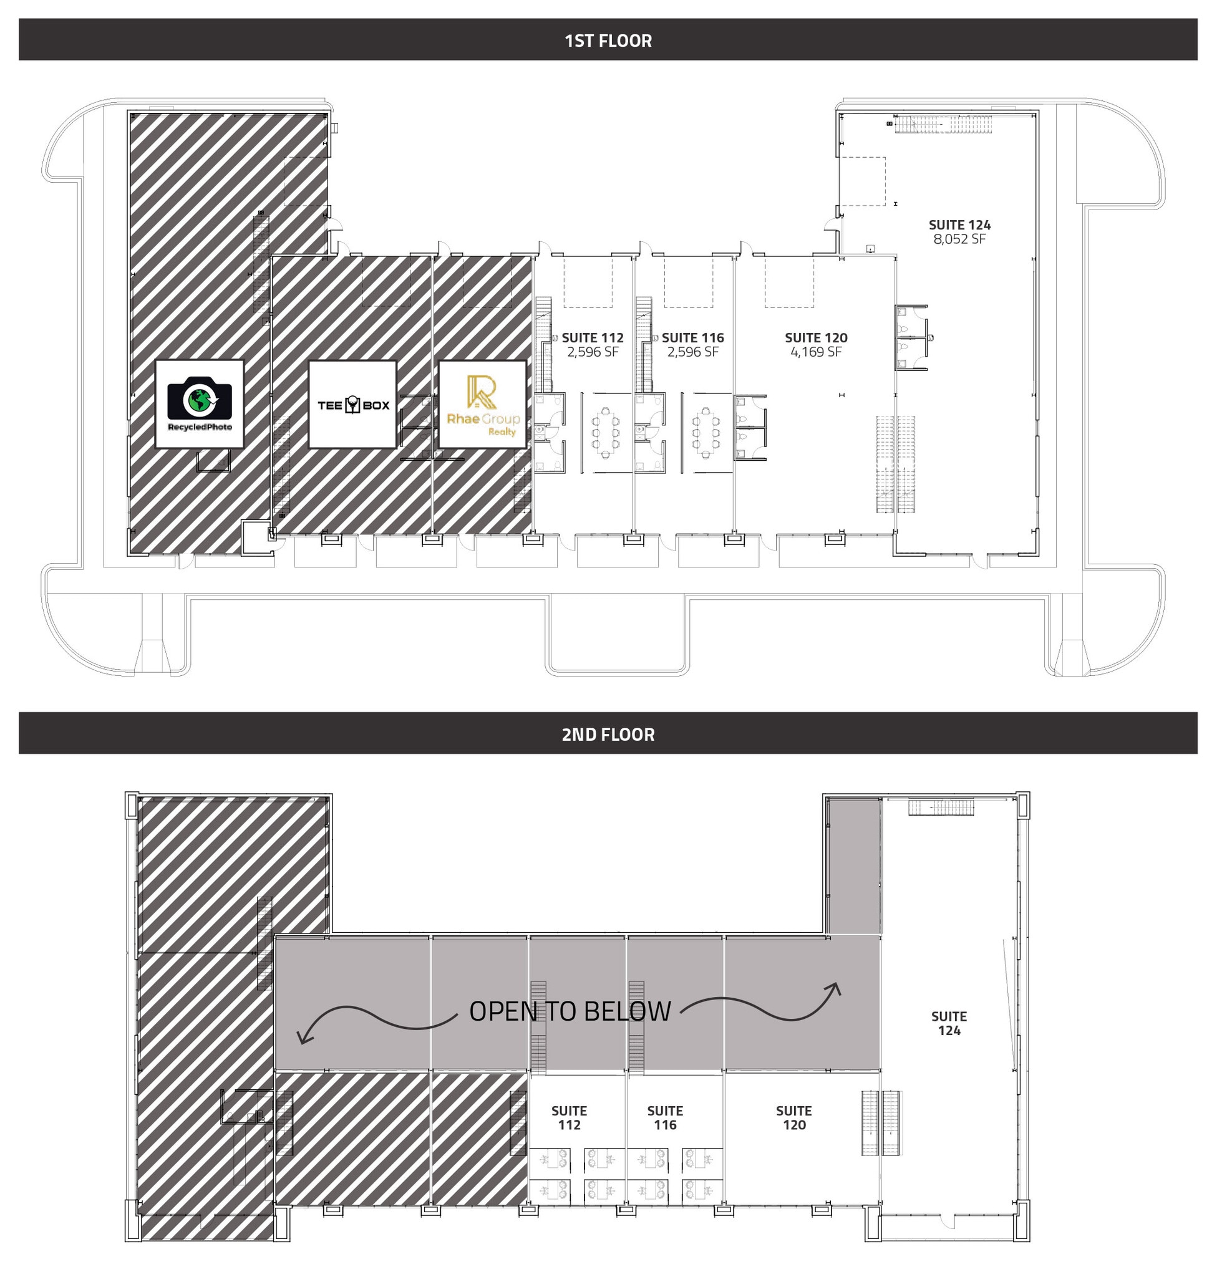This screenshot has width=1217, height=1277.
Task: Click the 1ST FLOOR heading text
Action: (x=608, y=41)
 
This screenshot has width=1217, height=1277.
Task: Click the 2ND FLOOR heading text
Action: (x=608, y=734)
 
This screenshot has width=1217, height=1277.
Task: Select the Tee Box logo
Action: (x=352, y=405)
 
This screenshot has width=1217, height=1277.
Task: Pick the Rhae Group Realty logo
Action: (x=483, y=405)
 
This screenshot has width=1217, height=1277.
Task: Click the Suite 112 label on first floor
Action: (x=593, y=338)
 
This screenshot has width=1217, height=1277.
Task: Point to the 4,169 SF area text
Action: (x=816, y=352)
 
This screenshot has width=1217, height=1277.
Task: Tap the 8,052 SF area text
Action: (x=959, y=239)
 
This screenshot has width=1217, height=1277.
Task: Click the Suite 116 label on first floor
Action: (x=693, y=338)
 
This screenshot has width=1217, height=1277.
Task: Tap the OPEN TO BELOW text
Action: (x=570, y=1011)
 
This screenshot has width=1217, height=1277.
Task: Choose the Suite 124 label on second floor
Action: (x=949, y=1023)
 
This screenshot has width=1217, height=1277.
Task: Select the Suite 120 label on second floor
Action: (x=794, y=1117)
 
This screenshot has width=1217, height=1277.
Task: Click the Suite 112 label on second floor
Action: (x=569, y=1117)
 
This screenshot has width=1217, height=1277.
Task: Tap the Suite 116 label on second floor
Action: (x=665, y=1117)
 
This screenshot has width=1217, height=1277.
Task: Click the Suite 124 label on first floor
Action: (x=959, y=225)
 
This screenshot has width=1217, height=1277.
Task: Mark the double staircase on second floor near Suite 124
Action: (x=881, y=1122)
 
